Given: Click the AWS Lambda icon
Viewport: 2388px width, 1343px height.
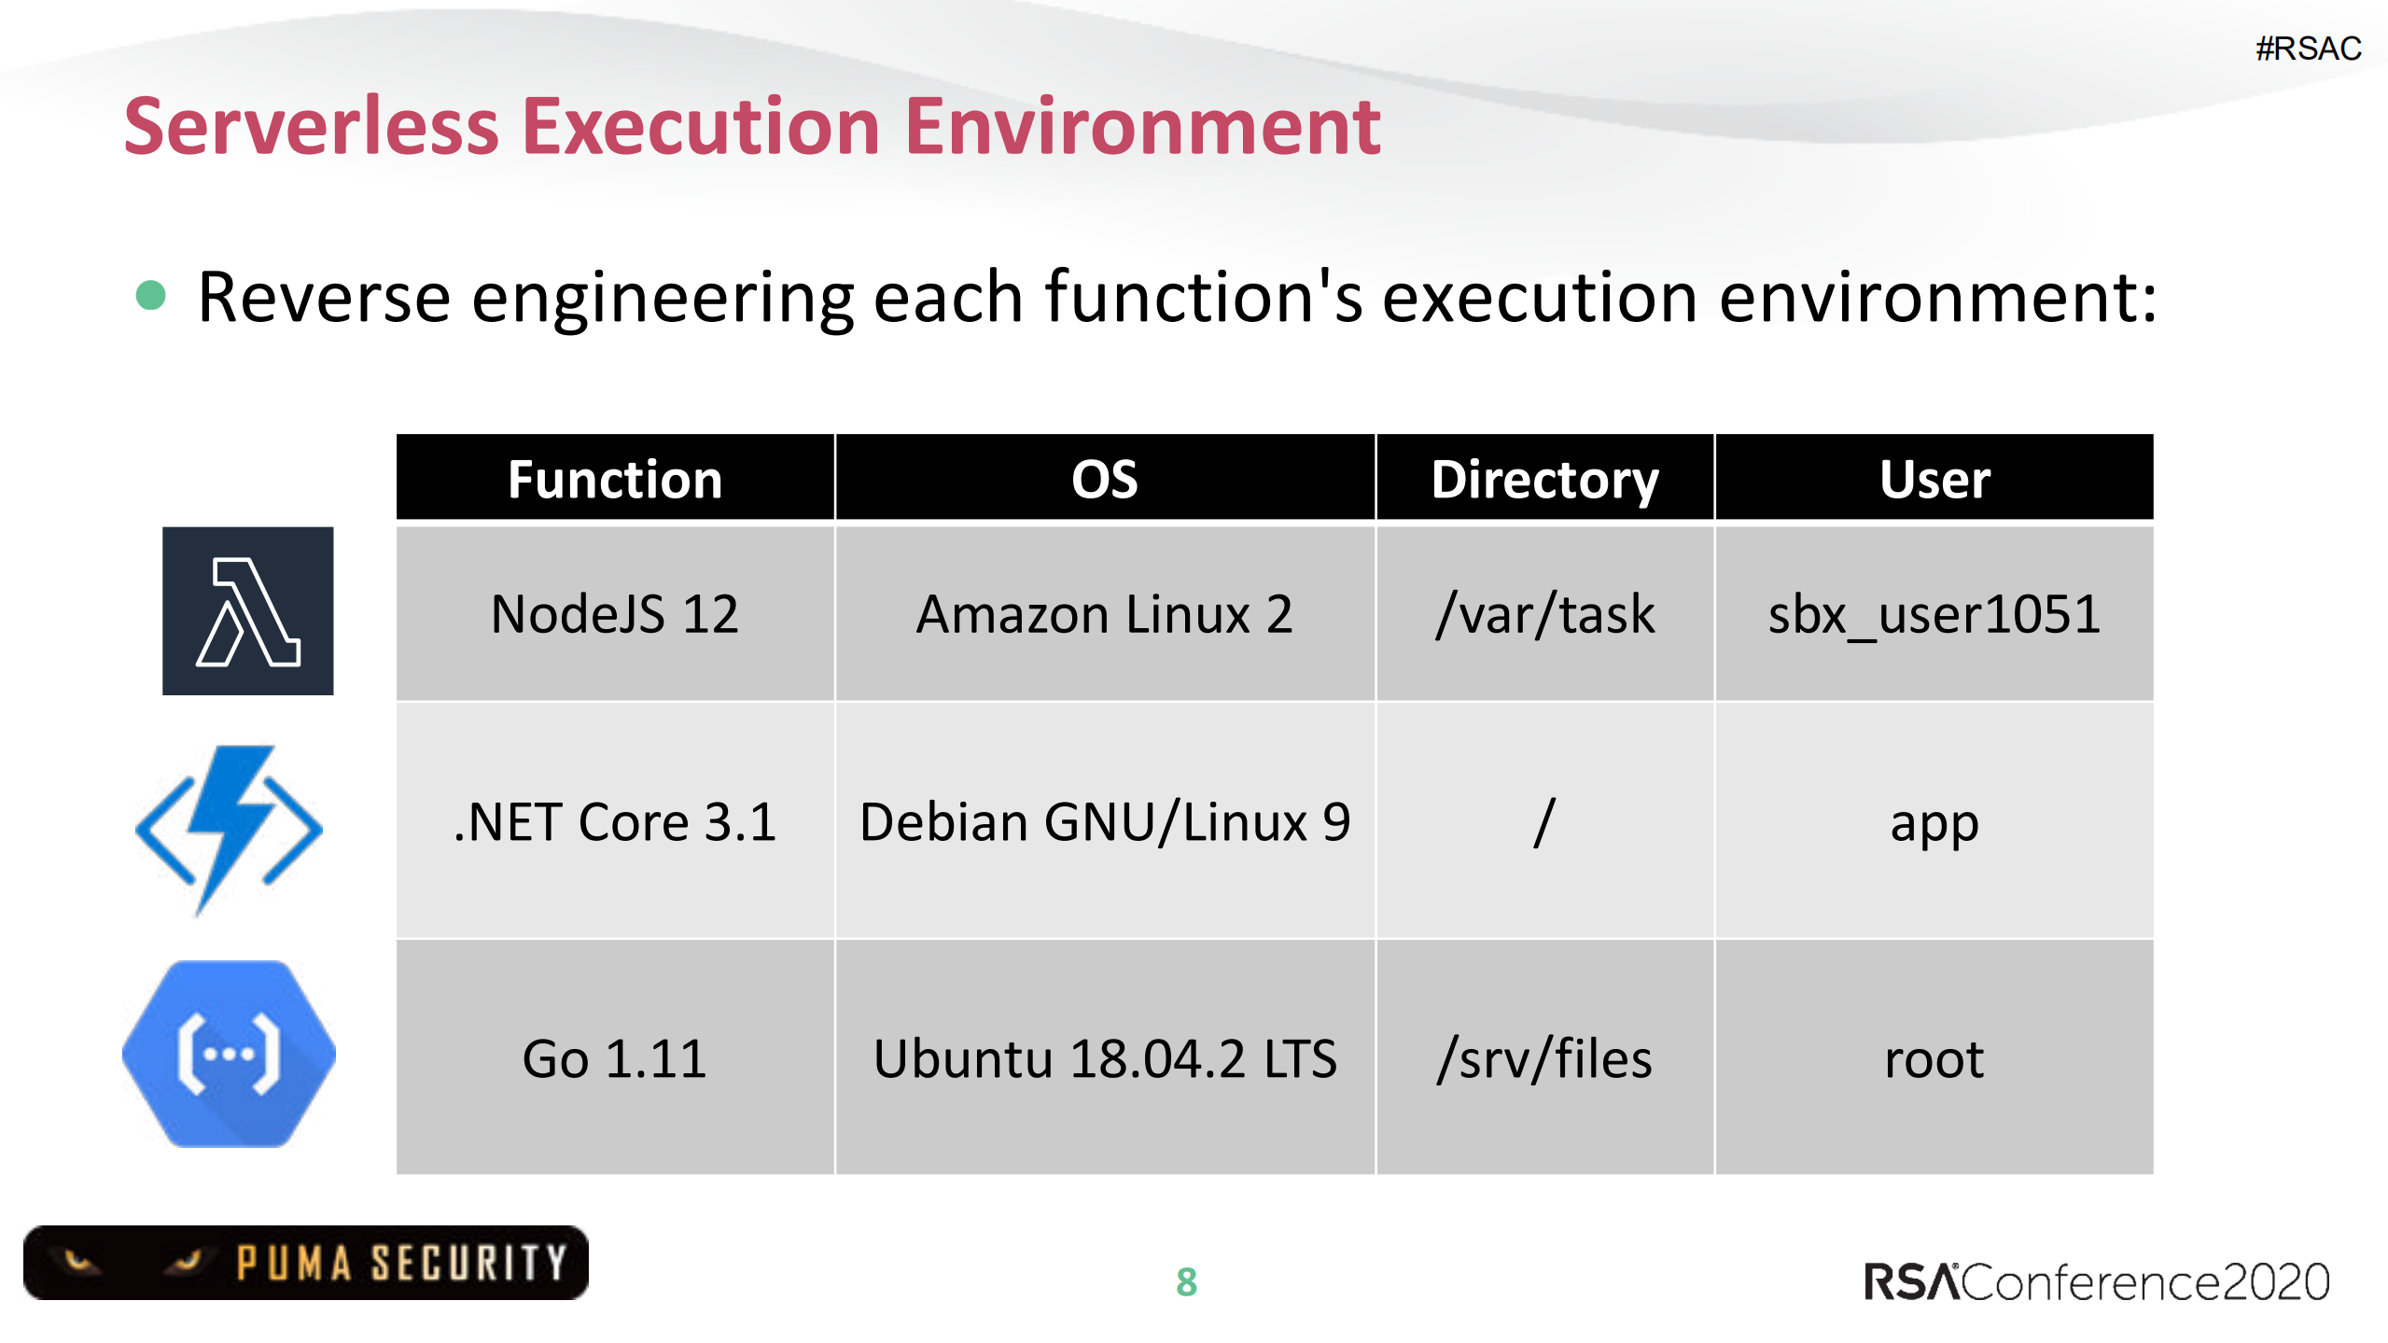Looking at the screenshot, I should point(247,610).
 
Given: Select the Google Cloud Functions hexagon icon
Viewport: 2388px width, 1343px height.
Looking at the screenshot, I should point(229,1054).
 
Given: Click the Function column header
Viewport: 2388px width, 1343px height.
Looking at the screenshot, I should point(615,479).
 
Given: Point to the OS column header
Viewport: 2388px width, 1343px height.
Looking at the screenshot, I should point(1105,479).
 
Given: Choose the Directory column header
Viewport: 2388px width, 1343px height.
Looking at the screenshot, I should point(1544,479).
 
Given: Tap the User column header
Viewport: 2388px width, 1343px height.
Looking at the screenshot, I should point(1934,479).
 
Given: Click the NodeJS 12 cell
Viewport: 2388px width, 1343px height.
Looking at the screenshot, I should point(615,614).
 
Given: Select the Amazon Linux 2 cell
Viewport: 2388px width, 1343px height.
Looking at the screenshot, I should point(1105,614).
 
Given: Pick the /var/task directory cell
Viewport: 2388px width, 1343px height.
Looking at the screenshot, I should point(1544,614).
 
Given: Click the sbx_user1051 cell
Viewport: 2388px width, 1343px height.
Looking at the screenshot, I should point(1934,614).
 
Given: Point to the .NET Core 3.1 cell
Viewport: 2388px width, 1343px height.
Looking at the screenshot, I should point(615,822).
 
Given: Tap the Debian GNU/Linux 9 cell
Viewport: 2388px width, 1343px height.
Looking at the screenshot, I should point(1105,822).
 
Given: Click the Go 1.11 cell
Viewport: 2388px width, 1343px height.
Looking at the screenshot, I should point(615,1058).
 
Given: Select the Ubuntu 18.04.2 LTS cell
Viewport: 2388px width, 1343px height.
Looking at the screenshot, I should point(1105,1058).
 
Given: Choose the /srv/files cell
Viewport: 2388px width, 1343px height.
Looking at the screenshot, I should point(1544,1058).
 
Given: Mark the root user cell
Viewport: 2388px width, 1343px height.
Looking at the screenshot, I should point(1934,1058).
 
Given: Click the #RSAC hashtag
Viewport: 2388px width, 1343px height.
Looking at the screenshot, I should point(2308,49).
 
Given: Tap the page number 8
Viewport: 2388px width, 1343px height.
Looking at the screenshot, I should point(1186,1282).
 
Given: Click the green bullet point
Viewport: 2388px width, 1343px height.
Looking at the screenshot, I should point(151,296).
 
